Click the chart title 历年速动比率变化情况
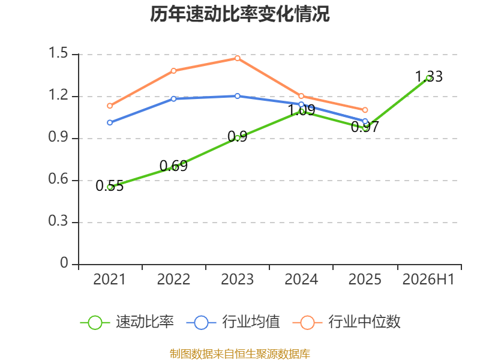(239, 14)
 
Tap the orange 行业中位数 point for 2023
(238, 58)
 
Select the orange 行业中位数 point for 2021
(110, 106)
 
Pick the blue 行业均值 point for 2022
(173, 99)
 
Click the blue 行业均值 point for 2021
(110, 123)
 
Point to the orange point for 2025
(365, 110)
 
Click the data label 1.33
(429, 77)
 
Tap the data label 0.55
(110, 186)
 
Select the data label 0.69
(173, 166)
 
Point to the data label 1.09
(302, 110)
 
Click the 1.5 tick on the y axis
(58, 53)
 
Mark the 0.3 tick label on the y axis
(58, 221)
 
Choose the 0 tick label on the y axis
(64, 263)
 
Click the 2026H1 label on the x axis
(428, 280)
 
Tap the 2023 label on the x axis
(238, 280)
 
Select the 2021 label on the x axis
(110, 280)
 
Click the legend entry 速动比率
(127, 322)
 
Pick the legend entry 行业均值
(233, 322)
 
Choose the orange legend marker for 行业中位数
(307, 323)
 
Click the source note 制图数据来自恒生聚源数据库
(240, 354)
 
